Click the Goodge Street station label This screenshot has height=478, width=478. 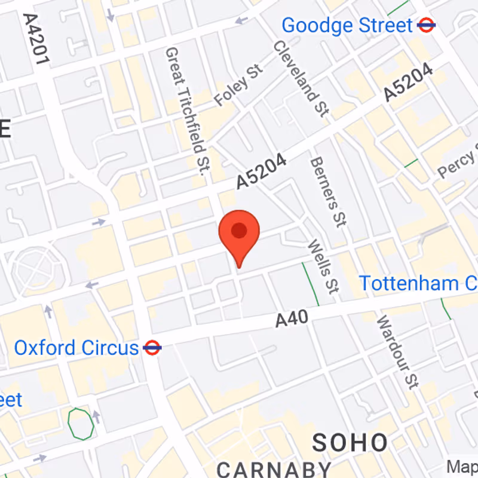(347, 26)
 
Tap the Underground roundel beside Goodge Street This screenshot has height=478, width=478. (427, 25)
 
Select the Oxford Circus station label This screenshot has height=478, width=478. (76, 348)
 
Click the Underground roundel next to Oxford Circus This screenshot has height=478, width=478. (153, 348)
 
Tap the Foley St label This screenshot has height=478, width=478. (239, 87)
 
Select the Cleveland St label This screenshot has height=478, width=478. (302, 78)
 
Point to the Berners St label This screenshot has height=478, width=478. (328, 191)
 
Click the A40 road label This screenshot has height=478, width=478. (292, 319)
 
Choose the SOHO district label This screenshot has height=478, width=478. (350, 443)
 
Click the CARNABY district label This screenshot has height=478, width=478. (274, 468)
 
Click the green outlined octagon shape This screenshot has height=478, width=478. (80, 423)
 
